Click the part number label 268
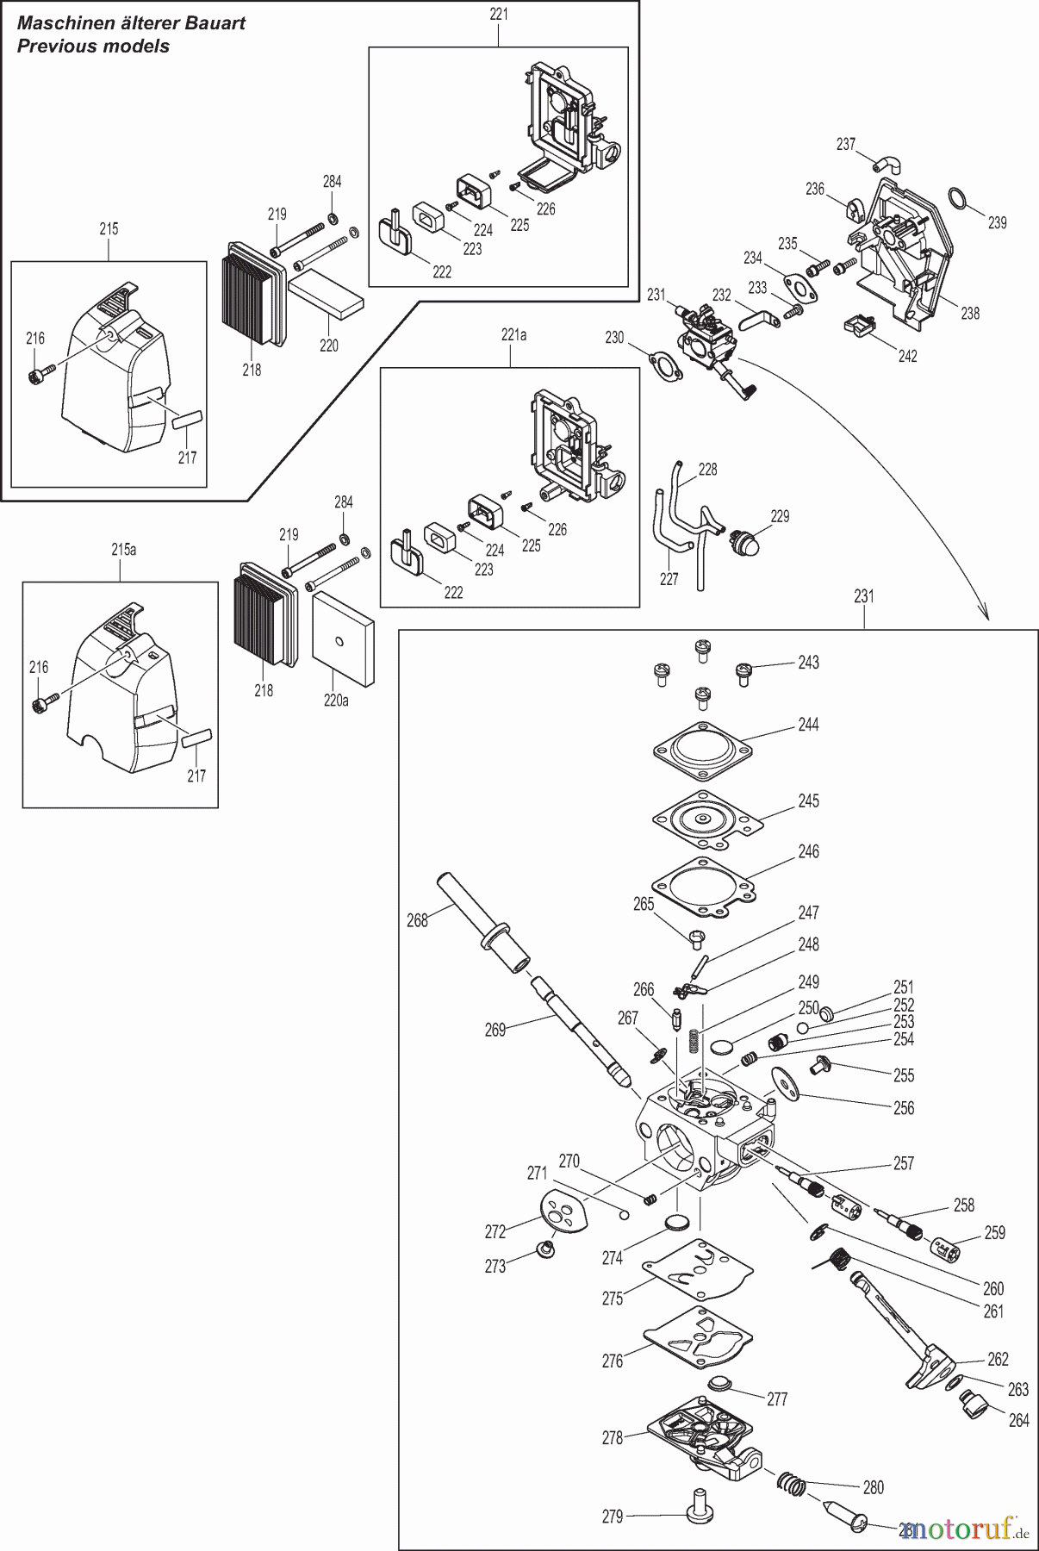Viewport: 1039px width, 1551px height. [417, 921]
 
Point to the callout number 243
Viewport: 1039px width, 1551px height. [808, 663]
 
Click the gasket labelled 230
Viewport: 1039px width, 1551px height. [657, 364]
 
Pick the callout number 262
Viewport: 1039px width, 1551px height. [998, 1359]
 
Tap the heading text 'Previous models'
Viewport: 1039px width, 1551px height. [93, 47]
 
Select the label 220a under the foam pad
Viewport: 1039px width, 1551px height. [336, 701]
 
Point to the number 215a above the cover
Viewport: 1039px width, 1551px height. [123, 550]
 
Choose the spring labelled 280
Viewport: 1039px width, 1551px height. [793, 1485]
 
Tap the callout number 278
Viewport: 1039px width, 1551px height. [613, 1437]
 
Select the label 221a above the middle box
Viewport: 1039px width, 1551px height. [513, 335]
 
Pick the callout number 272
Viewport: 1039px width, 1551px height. [495, 1231]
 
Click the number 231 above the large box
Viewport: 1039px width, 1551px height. [864, 596]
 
